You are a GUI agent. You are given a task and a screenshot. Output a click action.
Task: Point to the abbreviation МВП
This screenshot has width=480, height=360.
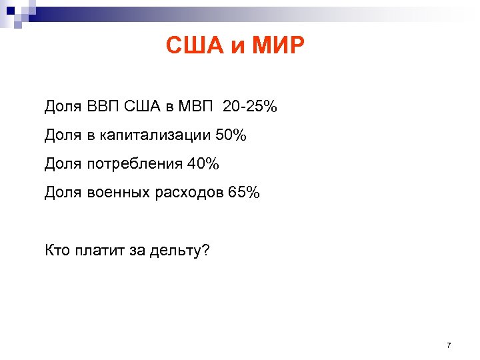[x=195, y=106]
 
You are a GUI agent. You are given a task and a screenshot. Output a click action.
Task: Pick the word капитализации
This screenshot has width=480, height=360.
[x=155, y=135]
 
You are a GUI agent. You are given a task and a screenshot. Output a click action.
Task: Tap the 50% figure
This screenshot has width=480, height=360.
[x=231, y=135]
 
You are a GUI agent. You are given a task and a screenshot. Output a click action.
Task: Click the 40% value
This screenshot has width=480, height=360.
[x=203, y=164]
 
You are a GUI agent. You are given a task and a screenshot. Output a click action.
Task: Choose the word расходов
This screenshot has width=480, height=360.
[x=189, y=193]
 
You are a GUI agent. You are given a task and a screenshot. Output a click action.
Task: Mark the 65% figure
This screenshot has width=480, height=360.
[x=244, y=193]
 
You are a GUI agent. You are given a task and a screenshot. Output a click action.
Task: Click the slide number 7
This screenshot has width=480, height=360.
[x=449, y=345]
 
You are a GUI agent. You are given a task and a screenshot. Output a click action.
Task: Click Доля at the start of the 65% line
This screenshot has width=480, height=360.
[x=63, y=193]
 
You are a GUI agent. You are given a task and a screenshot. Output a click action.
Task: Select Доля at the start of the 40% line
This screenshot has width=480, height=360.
[x=63, y=164]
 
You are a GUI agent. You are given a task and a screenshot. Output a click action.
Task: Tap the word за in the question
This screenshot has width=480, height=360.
[x=139, y=251]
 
